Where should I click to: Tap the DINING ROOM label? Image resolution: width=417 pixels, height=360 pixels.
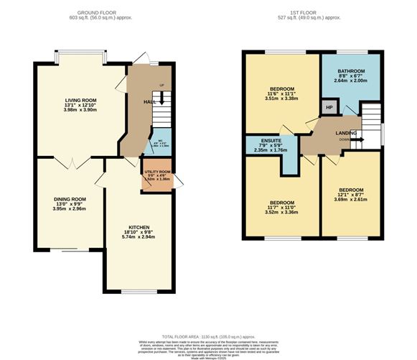coord(70,198)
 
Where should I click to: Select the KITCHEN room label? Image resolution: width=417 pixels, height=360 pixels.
coord(139,226)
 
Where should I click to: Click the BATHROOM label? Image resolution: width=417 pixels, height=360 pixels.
coord(351,71)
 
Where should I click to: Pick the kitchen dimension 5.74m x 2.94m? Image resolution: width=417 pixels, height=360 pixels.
coord(139,238)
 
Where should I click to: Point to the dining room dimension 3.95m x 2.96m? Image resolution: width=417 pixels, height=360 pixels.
coord(70,210)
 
